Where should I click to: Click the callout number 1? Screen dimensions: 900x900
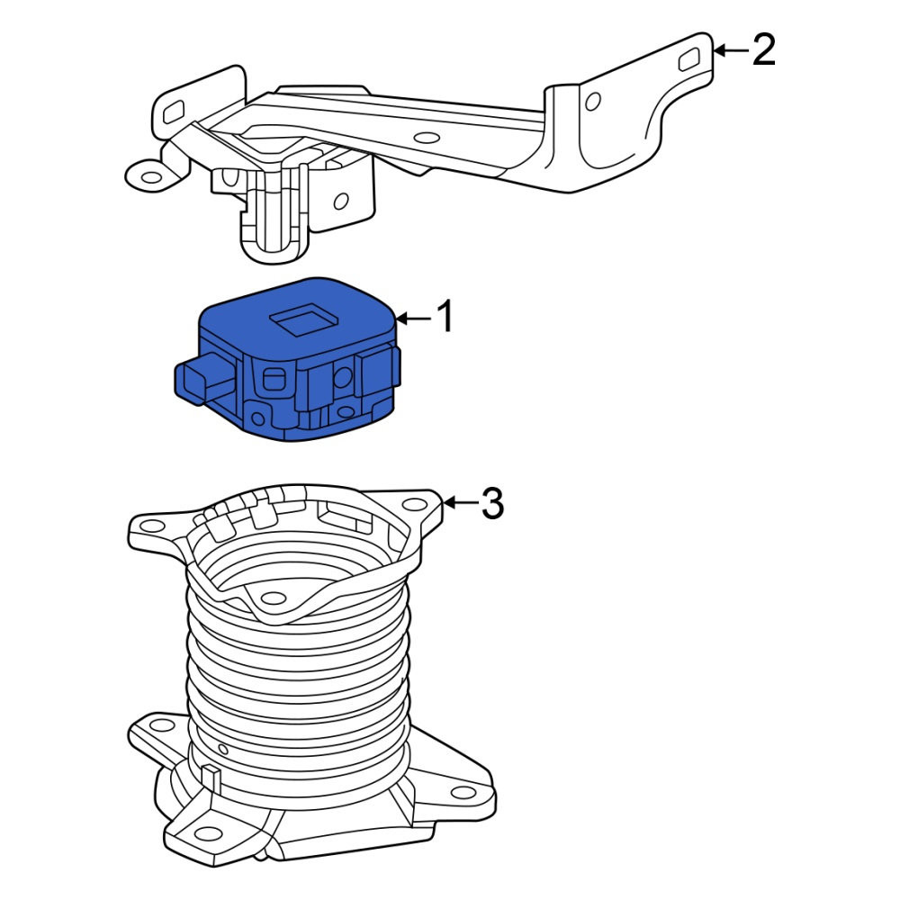point(445,316)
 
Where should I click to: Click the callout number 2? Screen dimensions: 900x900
point(764,49)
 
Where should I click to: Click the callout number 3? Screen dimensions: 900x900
point(492,503)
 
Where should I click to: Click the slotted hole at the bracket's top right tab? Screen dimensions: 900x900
point(688,59)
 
